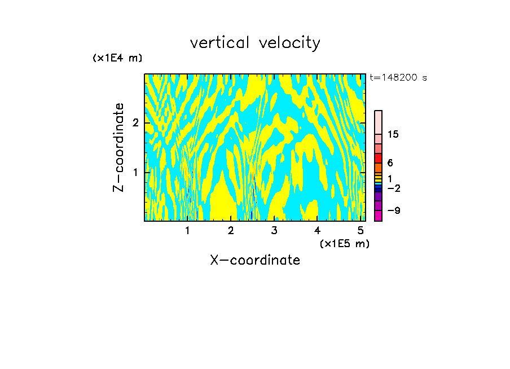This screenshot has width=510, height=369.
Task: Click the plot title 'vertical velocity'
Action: [x=255, y=43]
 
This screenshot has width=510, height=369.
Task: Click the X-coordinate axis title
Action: [x=255, y=260]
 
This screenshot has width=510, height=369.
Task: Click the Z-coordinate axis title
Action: [x=118, y=147]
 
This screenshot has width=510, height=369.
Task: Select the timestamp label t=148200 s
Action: [x=398, y=77]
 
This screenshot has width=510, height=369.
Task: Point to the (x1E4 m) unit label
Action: [x=117, y=58]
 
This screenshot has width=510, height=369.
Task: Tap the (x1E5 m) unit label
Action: [x=344, y=243]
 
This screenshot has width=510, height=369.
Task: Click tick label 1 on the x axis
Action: [x=187, y=231]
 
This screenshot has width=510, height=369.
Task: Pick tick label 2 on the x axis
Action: [x=231, y=231]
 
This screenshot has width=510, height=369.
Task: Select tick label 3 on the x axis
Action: [x=274, y=231]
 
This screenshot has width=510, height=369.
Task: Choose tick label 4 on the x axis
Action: [x=318, y=231]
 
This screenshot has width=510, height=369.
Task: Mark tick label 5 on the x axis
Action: [x=360, y=231]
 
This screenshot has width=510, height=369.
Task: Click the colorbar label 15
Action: [x=393, y=134]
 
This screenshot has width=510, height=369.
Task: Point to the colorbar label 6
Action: [x=390, y=163]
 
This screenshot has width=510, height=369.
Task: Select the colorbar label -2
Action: [x=393, y=188]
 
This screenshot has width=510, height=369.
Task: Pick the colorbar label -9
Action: [x=393, y=210]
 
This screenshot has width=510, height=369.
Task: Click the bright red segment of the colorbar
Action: [x=378, y=158]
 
